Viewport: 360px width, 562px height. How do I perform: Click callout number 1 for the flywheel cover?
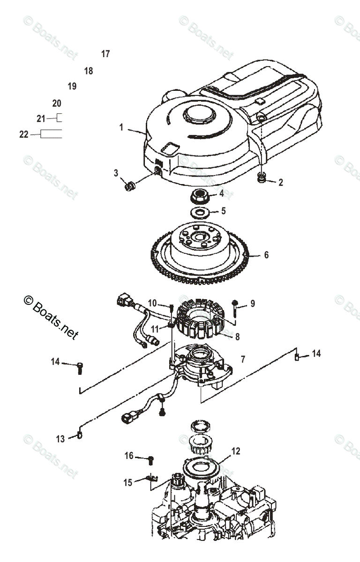click(121, 127)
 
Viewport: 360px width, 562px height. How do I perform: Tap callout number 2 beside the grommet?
click(280, 183)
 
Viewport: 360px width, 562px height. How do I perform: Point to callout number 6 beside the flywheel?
click(266, 255)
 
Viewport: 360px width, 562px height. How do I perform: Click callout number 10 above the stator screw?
click(152, 303)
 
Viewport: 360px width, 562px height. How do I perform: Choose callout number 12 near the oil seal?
click(236, 451)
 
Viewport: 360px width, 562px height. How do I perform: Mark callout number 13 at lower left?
click(60, 439)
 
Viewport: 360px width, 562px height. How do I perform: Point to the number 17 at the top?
click(105, 54)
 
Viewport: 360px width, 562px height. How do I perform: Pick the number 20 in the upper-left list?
click(56, 103)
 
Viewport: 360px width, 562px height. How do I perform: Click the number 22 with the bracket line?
click(23, 134)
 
